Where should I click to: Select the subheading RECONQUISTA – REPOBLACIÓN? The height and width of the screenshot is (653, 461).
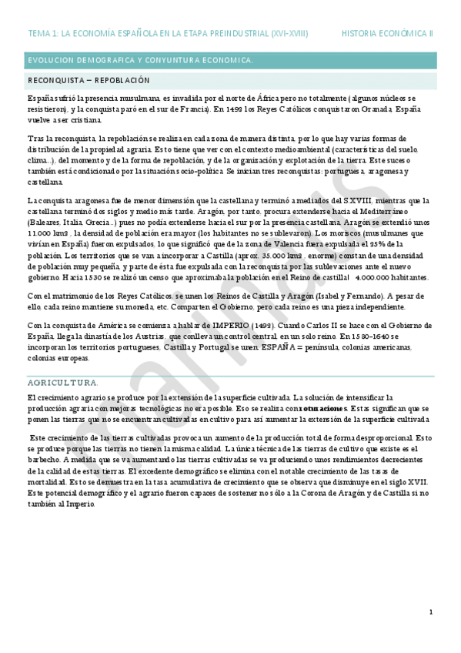tap(89, 80)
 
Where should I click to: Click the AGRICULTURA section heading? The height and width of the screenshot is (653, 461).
tap(62, 383)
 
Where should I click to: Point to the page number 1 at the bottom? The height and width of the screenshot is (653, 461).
tap(431, 611)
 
